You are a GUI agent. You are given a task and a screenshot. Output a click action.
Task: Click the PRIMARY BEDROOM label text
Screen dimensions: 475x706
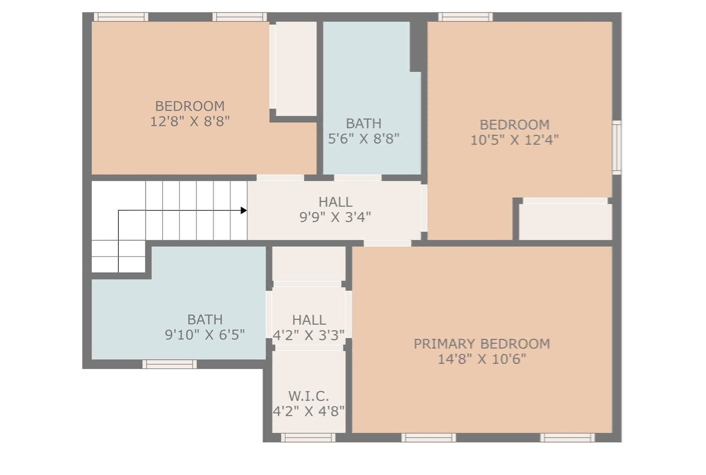pos(482,344)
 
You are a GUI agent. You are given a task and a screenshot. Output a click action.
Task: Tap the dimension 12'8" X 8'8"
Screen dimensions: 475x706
pos(190,122)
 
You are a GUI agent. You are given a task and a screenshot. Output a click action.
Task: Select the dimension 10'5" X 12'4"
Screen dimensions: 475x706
pos(514,140)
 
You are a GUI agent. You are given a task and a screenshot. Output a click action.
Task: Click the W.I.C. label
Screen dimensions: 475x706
pos(309,396)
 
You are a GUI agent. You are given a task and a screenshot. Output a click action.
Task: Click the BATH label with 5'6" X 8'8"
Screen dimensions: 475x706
pos(363,123)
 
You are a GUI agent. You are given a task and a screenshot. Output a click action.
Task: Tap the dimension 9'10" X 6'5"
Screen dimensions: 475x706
pos(205,335)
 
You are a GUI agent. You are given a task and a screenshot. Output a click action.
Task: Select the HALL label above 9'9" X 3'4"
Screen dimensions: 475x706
pos(335,202)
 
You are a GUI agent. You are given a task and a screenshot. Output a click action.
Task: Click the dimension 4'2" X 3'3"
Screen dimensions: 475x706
pos(309,335)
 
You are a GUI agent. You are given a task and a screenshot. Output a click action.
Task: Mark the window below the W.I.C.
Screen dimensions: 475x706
pos(308,437)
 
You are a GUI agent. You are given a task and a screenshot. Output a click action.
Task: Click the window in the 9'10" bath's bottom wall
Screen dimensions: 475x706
pos(170,364)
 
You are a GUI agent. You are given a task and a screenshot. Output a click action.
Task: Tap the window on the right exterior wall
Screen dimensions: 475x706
pos(616,147)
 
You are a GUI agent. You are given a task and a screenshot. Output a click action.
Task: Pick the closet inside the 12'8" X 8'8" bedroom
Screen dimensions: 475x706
pos(296,69)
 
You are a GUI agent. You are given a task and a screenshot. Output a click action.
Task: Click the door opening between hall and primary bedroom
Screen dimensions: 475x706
pos(387,243)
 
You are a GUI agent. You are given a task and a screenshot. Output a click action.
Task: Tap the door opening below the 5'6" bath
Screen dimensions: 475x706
pos(358,178)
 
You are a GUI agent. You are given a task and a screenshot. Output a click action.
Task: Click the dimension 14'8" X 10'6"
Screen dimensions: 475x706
pos(482,359)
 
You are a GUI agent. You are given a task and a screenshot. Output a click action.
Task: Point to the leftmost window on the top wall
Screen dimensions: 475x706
pos(121,17)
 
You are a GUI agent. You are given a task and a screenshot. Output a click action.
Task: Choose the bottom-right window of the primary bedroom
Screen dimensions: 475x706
pos(567,437)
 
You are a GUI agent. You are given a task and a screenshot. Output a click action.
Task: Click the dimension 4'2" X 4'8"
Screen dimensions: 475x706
pos(309,411)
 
